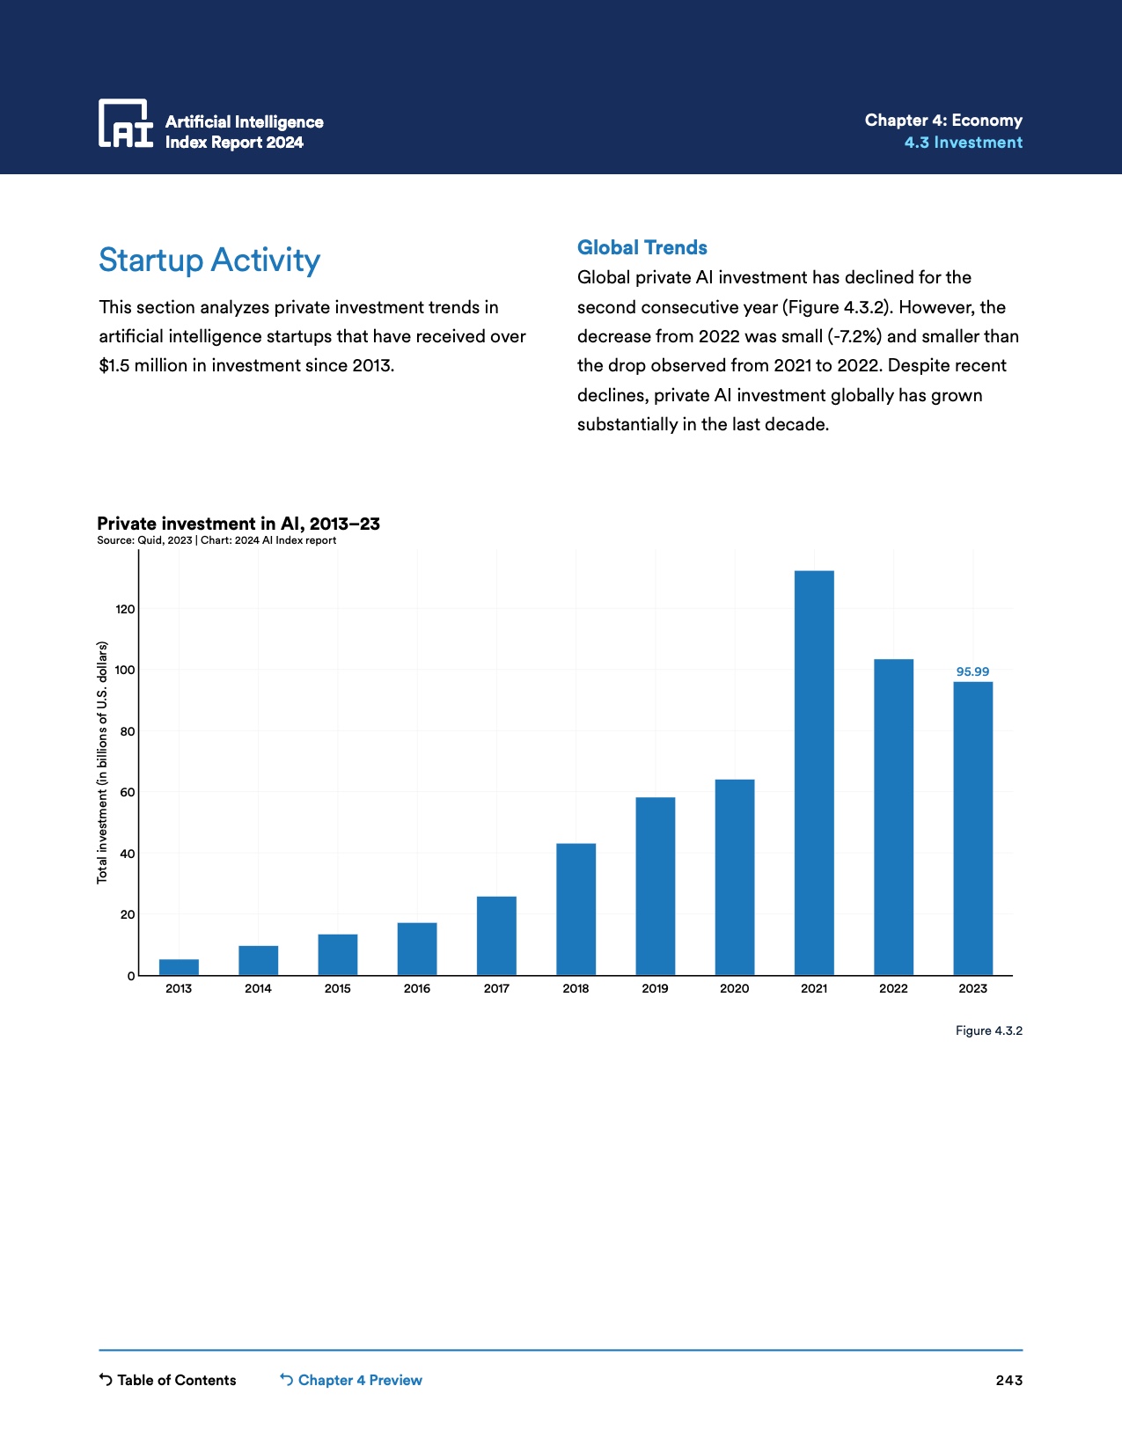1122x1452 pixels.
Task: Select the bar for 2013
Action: click(x=179, y=967)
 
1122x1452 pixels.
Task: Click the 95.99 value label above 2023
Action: click(x=972, y=671)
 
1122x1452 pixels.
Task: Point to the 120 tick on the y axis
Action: click(x=125, y=609)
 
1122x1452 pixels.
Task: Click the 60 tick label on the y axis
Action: click(x=127, y=792)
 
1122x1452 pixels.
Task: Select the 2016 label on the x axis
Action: click(x=417, y=988)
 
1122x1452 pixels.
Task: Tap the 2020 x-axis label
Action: click(x=734, y=988)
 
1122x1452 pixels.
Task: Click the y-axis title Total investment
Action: click(x=102, y=762)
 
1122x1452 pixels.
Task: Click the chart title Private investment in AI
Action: click(x=238, y=524)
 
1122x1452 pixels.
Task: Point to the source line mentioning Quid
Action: click(x=216, y=540)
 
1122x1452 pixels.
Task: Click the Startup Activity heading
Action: click(x=209, y=260)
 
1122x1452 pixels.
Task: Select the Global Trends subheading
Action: click(x=642, y=247)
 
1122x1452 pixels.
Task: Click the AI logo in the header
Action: click(x=125, y=123)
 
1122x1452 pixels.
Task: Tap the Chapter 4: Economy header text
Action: click(x=943, y=121)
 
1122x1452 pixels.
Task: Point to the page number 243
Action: click(x=1008, y=1380)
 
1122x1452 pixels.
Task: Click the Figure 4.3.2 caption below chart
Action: click(x=988, y=1030)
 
